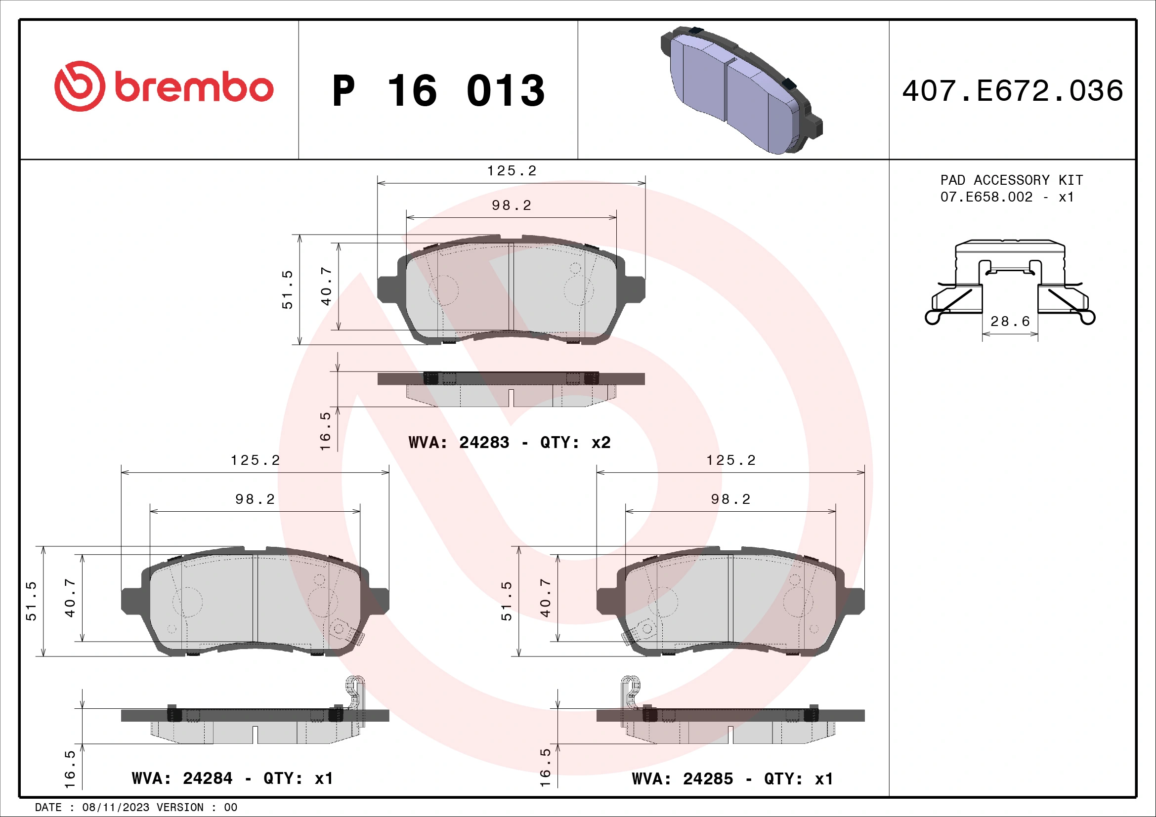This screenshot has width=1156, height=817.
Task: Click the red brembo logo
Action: click(x=164, y=86)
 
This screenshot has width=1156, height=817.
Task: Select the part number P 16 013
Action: click(x=438, y=91)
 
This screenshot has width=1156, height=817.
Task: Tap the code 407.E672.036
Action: click(x=1012, y=91)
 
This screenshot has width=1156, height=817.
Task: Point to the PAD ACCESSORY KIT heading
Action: click(x=1011, y=180)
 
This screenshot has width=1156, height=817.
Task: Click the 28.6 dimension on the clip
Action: click(x=1010, y=322)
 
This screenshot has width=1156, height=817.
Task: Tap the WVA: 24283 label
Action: click(x=459, y=443)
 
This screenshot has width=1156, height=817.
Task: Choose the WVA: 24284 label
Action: click(x=182, y=779)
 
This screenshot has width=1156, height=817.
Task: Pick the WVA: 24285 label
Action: click(x=682, y=779)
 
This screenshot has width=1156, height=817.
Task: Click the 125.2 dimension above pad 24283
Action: click(x=512, y=171)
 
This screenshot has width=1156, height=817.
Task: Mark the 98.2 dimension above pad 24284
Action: click(x=255, y=499)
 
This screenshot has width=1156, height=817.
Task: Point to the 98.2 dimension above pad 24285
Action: click(x=730, y=499)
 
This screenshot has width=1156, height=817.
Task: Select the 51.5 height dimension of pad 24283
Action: click(x=287, y=289)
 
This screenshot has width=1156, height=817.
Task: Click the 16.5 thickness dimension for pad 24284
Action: click(x=70, y=770)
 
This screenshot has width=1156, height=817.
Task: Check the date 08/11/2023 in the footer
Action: click(x=115, y=808)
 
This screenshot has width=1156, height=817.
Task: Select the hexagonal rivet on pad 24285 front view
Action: click(x=645, y=628)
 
